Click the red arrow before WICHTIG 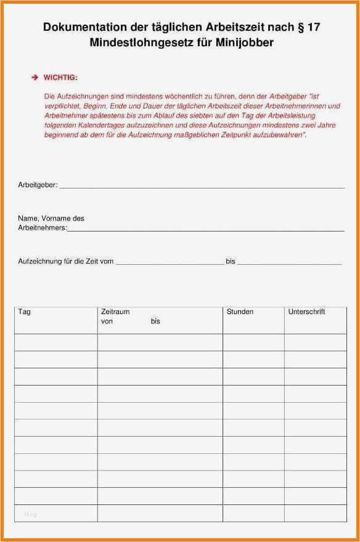click(x=35, y=78)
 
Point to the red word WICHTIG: click(x=60, y=78)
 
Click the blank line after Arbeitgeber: click(x=202, y=186)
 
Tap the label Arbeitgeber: click(x=38, y=185)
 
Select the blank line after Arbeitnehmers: click(x=205, y=229)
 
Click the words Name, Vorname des click(x=51, y=219)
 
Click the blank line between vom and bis click(x=170, y=263)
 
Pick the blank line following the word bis click(x=289, y=263)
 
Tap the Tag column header click(x=25, y=312)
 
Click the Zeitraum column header click(x=115, y=312)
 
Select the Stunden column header click(x=240, y=312)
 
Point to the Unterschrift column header click(x=306, y=312)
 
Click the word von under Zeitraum click(x=107, y=322)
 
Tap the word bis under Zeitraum click(x=155, y=322)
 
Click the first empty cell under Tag click(x=55, y=342)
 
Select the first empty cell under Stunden click(x=253, y=342)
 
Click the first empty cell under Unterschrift click(x=315, y=342)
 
